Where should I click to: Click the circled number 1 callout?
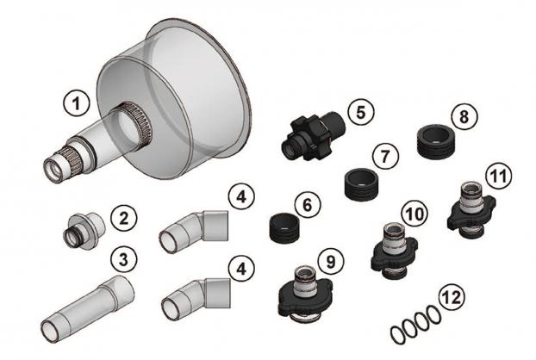[77, 103]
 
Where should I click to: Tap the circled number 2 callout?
[124, 218]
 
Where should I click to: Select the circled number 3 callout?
[124, 259]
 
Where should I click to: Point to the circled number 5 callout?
[361, 112]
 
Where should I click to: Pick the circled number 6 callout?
[308, 205]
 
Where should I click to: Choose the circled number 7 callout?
[385, 157]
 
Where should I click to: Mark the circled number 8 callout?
[464, 117]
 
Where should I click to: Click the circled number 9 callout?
[331, 262]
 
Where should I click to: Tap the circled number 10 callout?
[414, 214]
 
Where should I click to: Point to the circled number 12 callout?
[452, 297]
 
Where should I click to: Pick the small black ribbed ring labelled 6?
[284, 228]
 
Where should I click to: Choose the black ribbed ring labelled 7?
[362, 183]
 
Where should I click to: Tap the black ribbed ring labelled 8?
[437, 141]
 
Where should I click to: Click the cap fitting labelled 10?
[394, 251]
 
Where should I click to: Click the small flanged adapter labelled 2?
[83, 230]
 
